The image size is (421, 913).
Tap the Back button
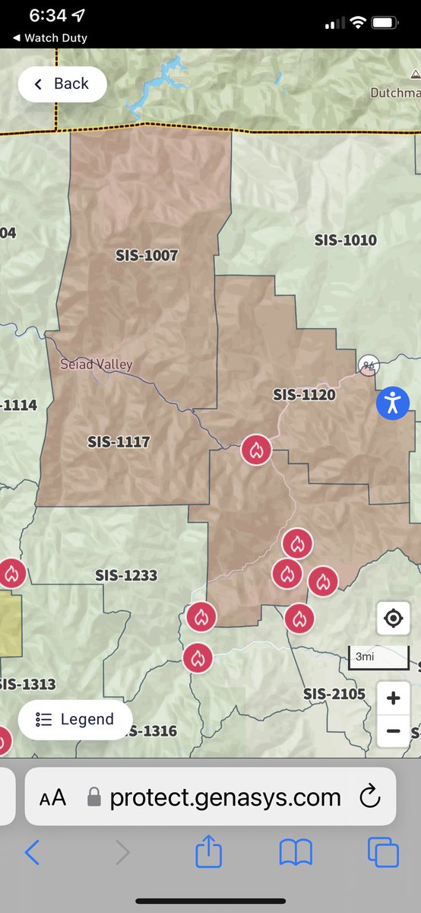(62, 84)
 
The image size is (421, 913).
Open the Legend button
(75, 719)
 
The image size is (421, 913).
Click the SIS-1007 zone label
(147, 256)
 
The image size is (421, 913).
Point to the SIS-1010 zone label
(346, 240)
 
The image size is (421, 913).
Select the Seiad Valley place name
(97, 364)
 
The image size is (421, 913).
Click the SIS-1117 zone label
(119, 441)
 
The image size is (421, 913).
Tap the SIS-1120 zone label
(304, 395)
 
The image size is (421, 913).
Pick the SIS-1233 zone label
(126, 575)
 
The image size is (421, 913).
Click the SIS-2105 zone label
(334, 694)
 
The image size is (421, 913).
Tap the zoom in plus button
(393, 698)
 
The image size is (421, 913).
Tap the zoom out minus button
(393, 731)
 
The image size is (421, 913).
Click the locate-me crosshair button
(393, 618)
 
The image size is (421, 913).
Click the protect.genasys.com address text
(225, 797)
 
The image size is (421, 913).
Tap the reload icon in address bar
(369, 797)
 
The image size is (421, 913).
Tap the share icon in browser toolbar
(208, 852)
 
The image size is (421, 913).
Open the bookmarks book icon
(296, 852)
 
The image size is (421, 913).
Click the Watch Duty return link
(50, 37)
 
